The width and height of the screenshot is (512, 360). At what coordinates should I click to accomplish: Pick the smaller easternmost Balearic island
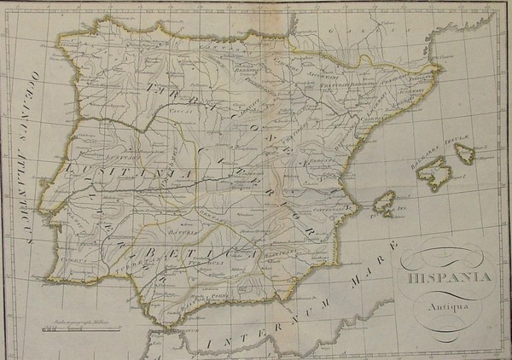pyautogui.click(x=465, y=153)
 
